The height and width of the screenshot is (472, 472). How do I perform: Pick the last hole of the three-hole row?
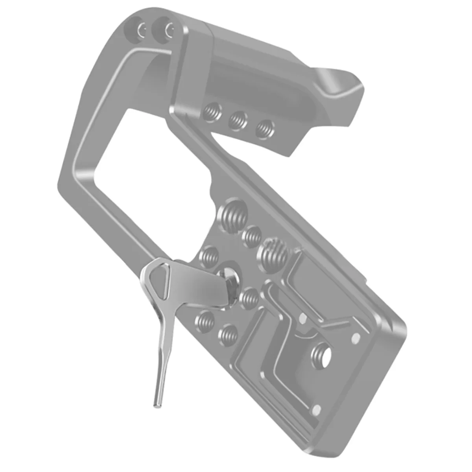(264, 129)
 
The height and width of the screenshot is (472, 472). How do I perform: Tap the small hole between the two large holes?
(252, 236)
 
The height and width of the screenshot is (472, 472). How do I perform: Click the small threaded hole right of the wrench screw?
(249, 299)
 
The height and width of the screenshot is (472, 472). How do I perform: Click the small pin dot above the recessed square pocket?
(302, 318)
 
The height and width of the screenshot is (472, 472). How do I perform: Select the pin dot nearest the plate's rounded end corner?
(356, 337)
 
